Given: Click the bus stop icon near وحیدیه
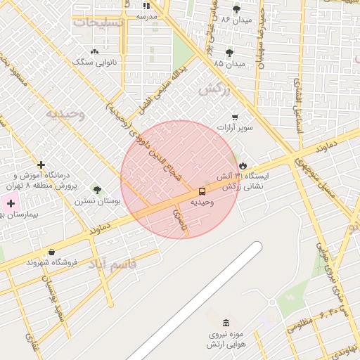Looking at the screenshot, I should coord(202,191).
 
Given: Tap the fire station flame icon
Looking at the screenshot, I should coord(243,165).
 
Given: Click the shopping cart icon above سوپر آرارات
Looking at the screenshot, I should coord(235,117).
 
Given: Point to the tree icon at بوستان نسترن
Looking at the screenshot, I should coord(97,190).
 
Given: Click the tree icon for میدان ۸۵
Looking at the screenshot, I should coord(229,53).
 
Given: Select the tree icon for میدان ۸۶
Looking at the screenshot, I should coord(236,9).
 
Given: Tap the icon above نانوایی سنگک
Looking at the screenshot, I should coord(95,51).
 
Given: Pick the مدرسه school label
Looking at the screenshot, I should coord(146,15).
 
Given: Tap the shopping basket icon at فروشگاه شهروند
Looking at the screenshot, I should coord(51,252).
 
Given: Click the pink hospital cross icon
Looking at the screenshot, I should coord(11,203).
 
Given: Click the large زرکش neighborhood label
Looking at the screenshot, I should coord(214,89).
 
